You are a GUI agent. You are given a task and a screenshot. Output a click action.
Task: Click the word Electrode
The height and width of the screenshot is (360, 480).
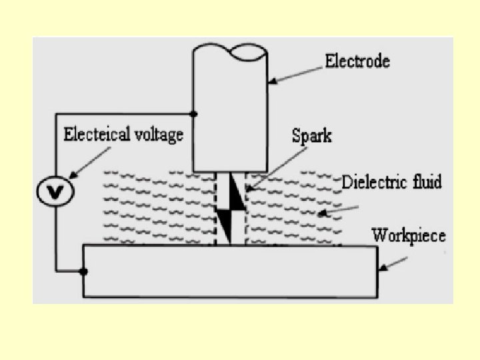coord(357,62)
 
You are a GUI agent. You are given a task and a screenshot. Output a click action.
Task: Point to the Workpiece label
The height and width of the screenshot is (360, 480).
coord(408,235)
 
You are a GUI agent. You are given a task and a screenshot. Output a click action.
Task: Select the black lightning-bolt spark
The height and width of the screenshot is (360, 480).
coord(230,207)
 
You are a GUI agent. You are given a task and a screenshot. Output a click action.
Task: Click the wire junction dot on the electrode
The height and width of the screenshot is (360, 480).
coord(193,114)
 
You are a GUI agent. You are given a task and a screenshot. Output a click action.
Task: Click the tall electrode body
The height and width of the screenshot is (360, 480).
coord(230,113)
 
